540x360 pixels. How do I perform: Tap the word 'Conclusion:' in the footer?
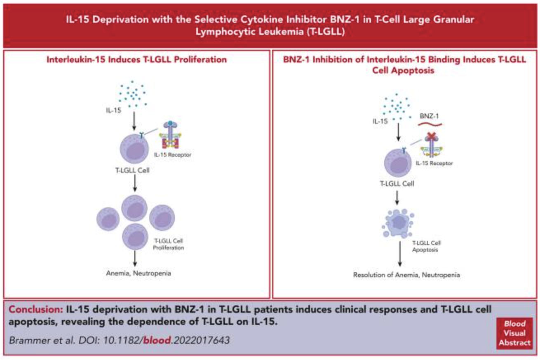(35, 309)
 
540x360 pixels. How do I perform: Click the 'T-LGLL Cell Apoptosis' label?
(425, 246)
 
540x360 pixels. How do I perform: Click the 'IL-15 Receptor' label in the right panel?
(434, 163)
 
